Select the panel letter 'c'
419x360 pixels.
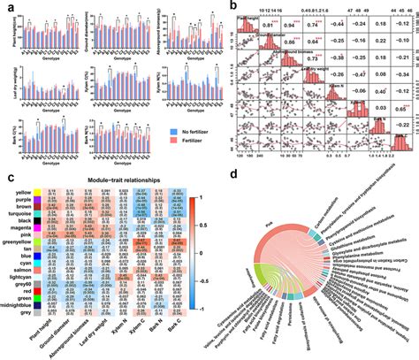[x=5, y=176]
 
